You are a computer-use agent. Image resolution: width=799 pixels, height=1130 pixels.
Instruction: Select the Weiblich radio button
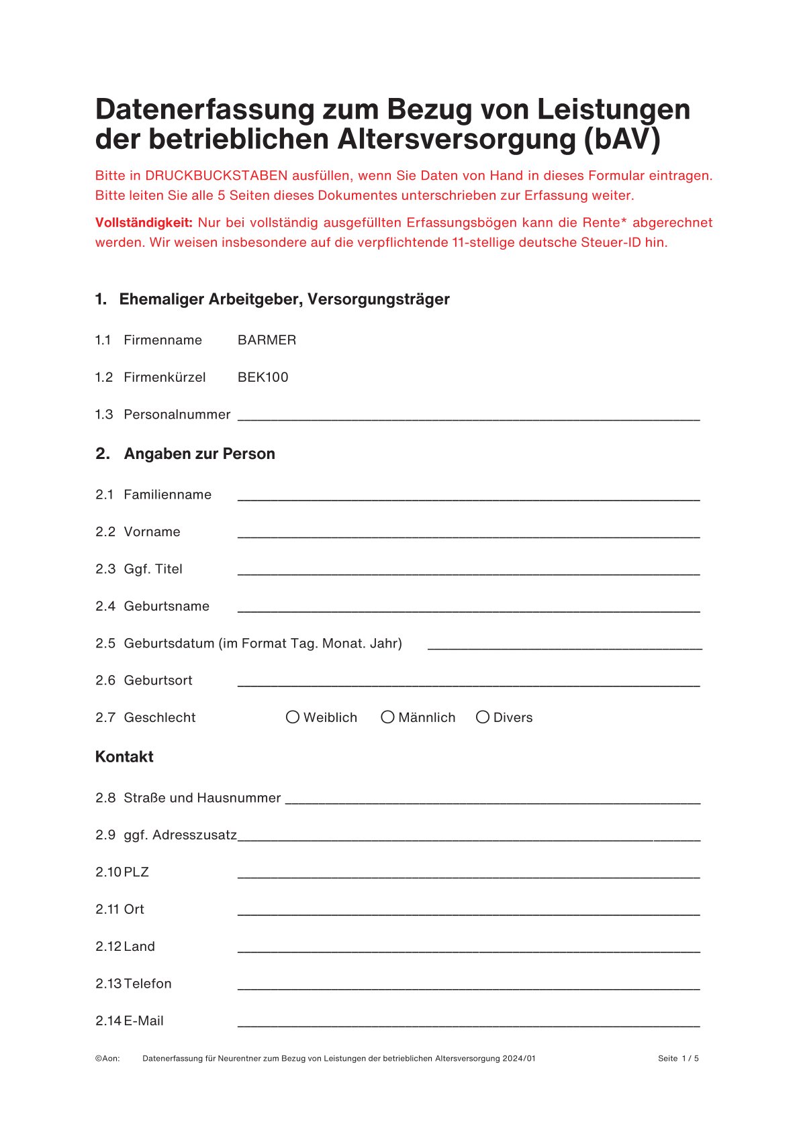[x=293, y=717]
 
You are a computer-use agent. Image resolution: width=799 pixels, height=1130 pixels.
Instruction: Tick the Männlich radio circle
[x=387, y=717]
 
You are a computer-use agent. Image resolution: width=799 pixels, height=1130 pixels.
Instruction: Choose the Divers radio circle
[x=482, y=717]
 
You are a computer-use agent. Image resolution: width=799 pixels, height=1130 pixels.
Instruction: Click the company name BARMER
[x=267, y=340]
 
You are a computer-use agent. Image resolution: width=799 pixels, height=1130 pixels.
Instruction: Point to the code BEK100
[x=263, y=377]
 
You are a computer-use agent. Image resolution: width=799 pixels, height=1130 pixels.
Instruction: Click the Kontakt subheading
[x=124, y=757]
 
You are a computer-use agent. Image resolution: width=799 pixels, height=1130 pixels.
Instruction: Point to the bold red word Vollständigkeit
[x=144, y=223]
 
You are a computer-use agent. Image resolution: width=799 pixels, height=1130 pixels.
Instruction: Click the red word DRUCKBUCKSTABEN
[x=216, y=176]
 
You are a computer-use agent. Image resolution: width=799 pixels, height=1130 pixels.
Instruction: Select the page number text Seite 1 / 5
[x=678, y=1058]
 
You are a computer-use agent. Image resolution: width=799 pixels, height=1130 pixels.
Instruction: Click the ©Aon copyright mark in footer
[x=107, y=1058]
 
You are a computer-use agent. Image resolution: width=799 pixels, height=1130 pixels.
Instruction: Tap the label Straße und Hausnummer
[x=202, y=798]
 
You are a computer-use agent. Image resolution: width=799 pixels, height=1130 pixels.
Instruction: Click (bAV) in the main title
[x=622, y=139]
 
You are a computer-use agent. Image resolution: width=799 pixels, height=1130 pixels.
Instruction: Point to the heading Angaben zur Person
[x=199, y=454]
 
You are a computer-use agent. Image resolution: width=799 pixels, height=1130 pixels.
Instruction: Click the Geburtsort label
[x=158, y=680]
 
